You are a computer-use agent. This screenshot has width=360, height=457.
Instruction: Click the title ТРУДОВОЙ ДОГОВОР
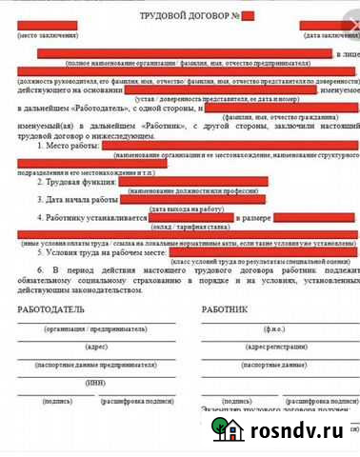pos(188,15)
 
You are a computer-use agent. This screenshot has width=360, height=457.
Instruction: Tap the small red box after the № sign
pos(248,15)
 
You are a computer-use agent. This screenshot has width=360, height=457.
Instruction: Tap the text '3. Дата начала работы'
pos(78,200)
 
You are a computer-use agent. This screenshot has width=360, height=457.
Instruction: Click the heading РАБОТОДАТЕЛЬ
pos(50,309)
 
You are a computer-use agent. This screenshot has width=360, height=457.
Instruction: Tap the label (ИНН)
pos(95,383)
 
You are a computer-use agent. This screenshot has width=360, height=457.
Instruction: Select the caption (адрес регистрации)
pos(277,347)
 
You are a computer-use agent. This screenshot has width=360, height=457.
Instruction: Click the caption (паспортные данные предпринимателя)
pos(95,365)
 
